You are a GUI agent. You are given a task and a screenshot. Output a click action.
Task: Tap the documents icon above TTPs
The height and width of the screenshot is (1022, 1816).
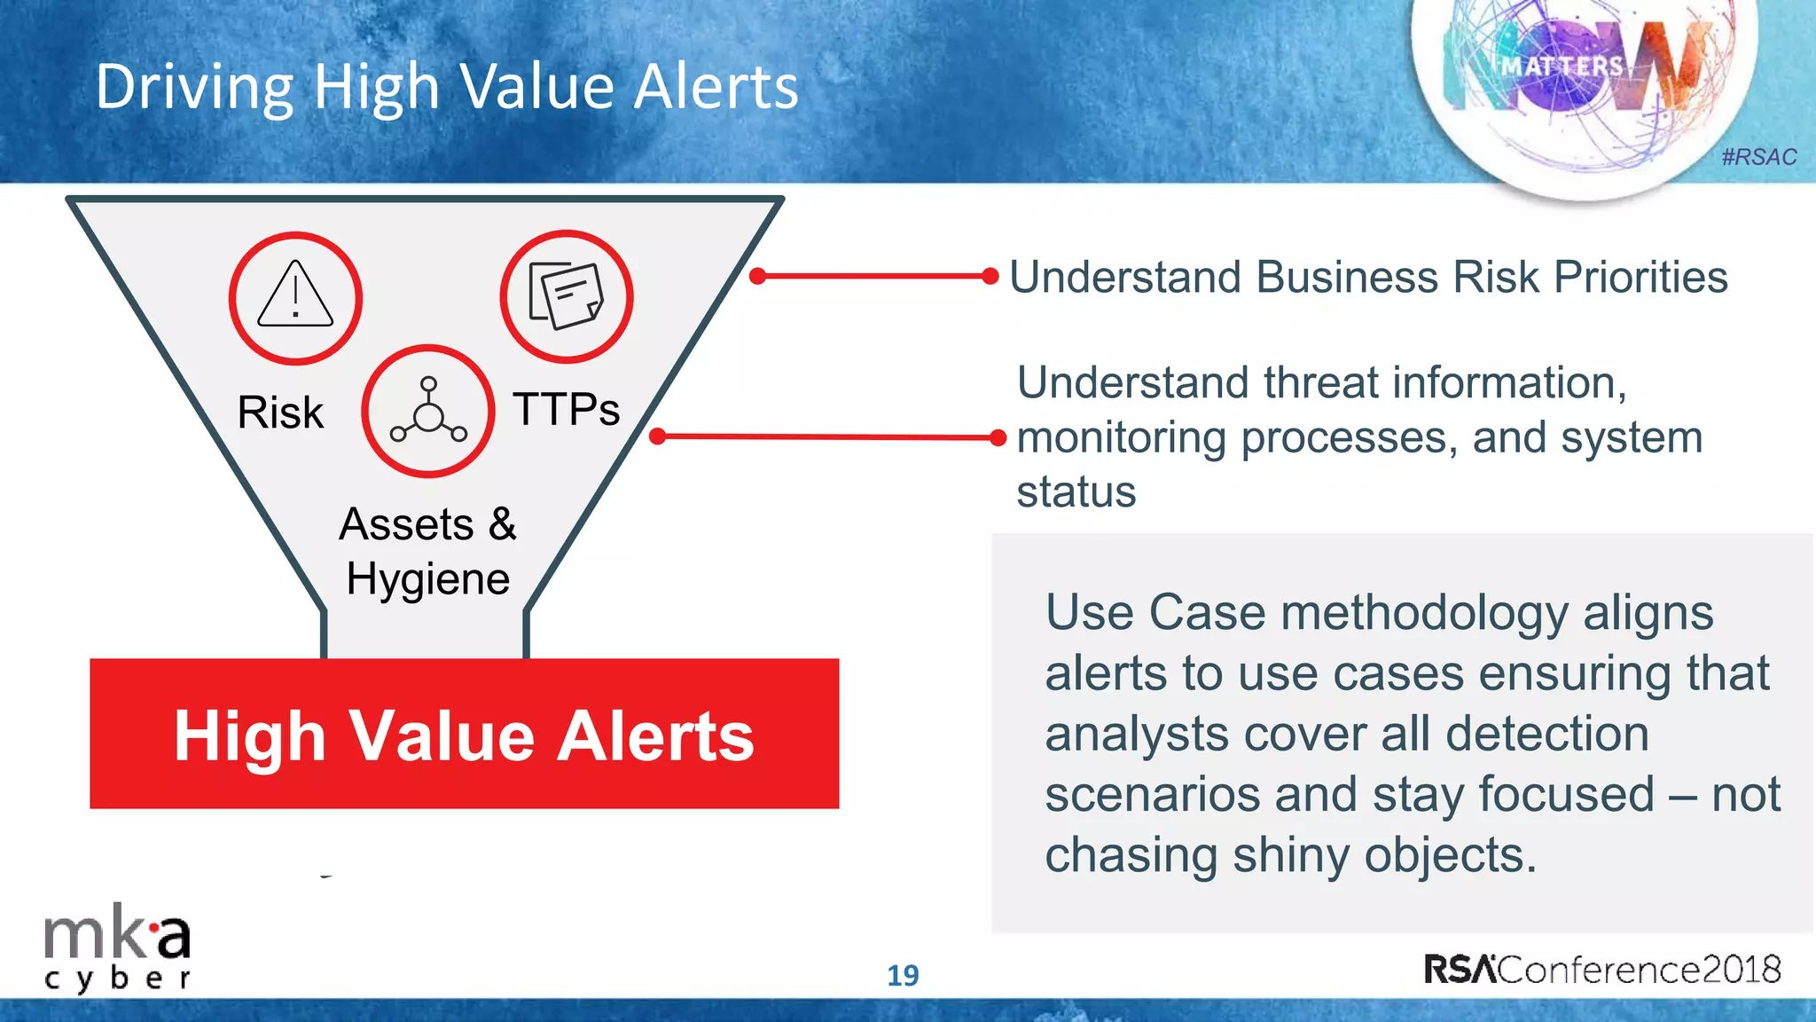click(x=566, y=296)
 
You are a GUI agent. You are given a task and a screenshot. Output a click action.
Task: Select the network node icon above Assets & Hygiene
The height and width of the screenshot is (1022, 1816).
click(x=428, y=411)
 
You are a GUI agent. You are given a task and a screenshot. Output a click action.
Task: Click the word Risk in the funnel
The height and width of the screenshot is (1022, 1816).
click(x=280, y=413)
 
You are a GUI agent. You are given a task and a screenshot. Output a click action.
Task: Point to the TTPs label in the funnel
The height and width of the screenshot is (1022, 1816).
click(x=566, y=409)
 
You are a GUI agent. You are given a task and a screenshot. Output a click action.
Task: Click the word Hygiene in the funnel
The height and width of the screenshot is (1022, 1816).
click(x=427, y=580)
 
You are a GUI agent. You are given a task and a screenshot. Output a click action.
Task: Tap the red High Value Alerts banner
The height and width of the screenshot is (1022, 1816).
click(x=464, y=735)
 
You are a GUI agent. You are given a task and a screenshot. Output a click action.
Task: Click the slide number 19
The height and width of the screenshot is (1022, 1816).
click(x=903, y=976)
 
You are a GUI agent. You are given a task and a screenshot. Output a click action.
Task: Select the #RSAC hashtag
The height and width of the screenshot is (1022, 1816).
click(x=1758, y=157)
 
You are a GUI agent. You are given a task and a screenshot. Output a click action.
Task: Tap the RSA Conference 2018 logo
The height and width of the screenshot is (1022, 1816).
click(x=1601, y=969)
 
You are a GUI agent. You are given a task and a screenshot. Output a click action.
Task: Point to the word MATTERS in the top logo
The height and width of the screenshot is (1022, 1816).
click(x=1562, y=67)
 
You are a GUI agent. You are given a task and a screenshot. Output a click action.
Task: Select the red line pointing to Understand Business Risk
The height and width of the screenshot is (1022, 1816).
click(x=873, y=276)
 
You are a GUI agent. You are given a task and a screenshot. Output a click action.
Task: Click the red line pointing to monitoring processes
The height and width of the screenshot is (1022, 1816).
click(x=829, y=436)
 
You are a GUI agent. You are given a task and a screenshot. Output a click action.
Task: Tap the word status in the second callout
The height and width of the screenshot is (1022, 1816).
click(x=1076, y=492)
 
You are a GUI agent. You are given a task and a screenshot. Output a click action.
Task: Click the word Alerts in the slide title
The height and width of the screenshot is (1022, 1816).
click(x=716, y=87)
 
